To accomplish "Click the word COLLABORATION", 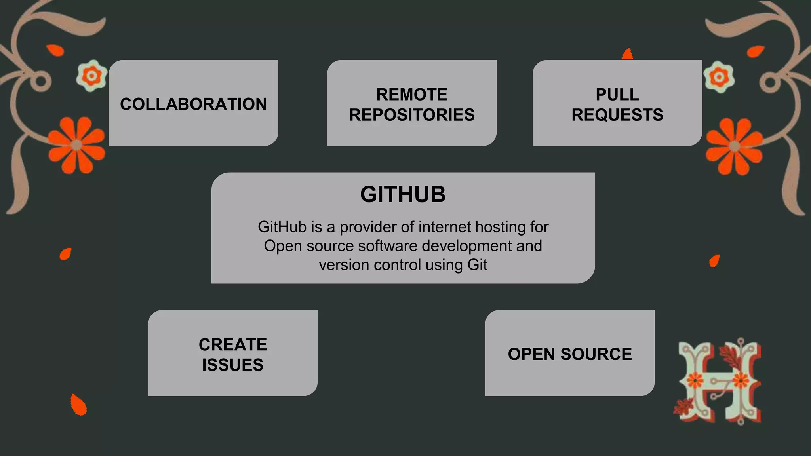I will tap(193, 104).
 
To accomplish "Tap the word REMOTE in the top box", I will tap(411, 95).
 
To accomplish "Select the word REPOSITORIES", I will tap(411, 115).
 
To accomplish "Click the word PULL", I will tap(617, 95).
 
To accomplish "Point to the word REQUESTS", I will tap(617, 115).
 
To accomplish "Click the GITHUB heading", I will tap(403, 194).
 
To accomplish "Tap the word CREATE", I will tap(233, 344).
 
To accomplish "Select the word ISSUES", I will tap(233, 365).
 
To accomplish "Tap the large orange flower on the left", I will tap(77, 145).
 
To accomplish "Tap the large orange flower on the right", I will tap(735, 146).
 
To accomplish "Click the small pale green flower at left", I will tap(92, 75).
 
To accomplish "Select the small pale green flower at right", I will tap(719, 77).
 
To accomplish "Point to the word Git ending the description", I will tap(477, 265).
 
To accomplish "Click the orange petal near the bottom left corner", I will tap(78, 405).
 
